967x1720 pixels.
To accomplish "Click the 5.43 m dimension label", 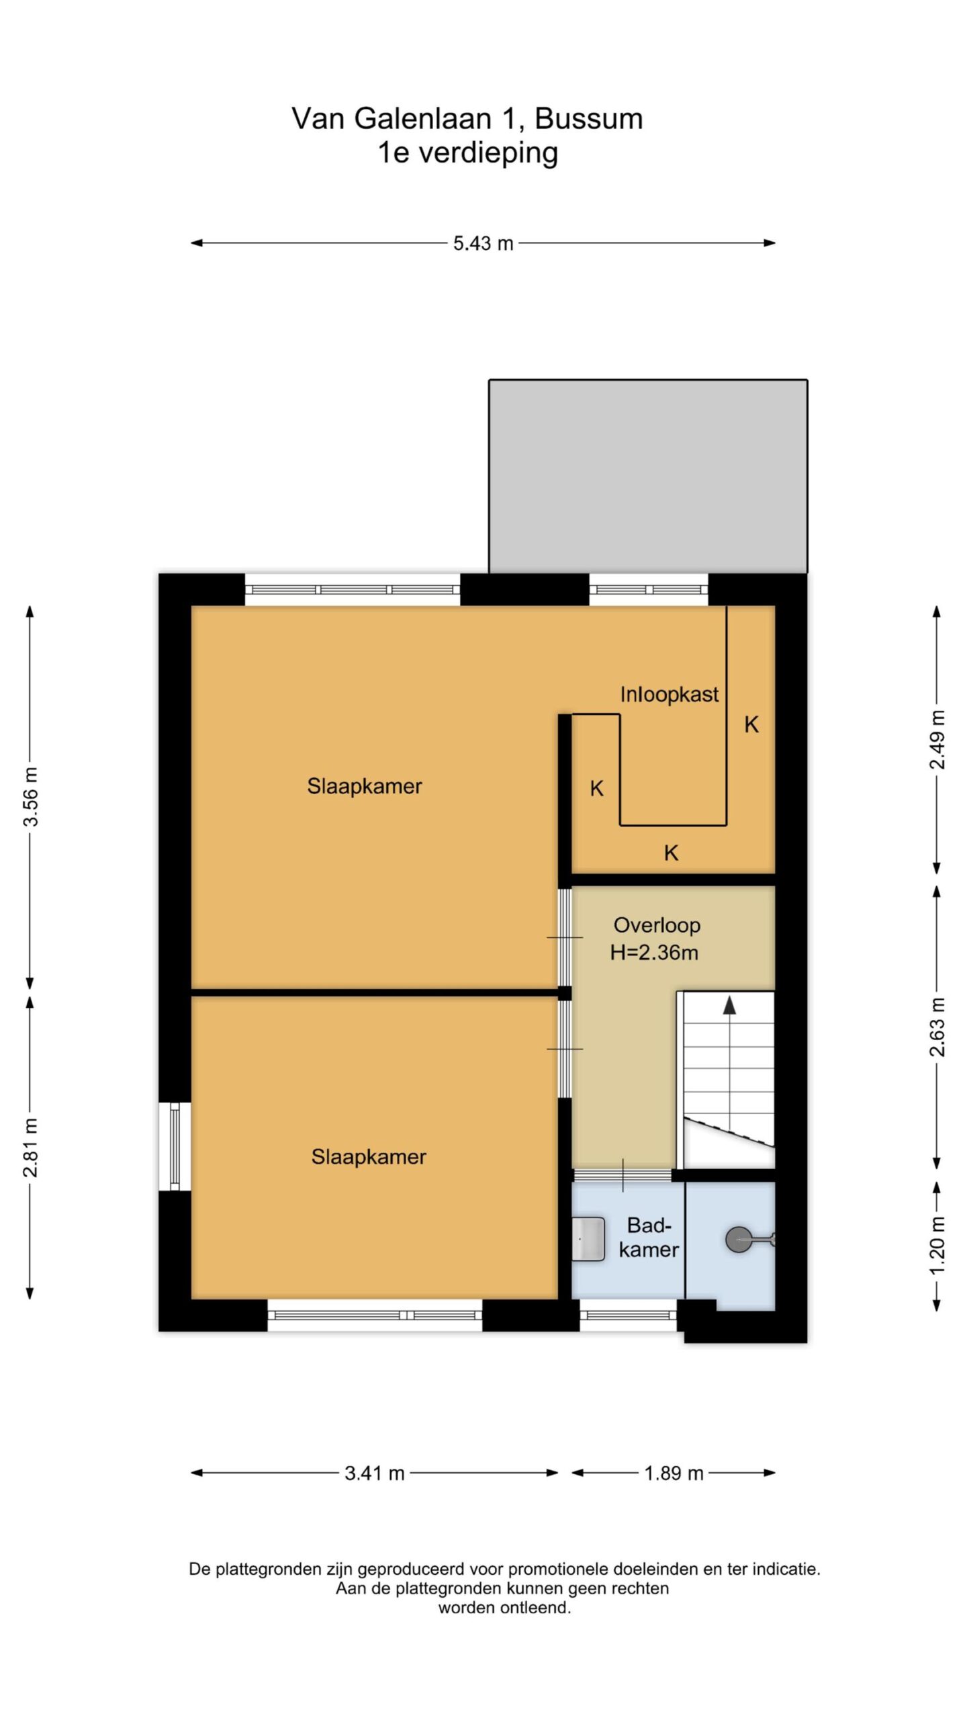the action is coord(483,243).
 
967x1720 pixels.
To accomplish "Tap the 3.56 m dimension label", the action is coord(30,795).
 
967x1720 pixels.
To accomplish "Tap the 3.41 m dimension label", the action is coord(375,1473).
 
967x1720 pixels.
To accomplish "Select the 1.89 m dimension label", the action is coord(674,1473).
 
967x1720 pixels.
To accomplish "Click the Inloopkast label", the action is coord(669,694).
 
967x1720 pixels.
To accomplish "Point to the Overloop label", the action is coord(657,925).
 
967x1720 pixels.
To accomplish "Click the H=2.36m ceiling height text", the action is coord(654,953).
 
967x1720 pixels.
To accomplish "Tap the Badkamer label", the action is coord(649,1238).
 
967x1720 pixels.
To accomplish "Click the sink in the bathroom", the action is coord(588,1238).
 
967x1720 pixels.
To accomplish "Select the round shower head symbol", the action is coord(739,1240).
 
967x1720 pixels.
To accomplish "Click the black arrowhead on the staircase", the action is coord(729,1004).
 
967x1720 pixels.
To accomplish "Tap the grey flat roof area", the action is coord(648,476).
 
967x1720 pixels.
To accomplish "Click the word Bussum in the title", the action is coord(589,119).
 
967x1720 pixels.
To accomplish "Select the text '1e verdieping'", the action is coord(467,153).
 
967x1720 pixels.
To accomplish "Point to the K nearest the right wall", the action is coord(751,724).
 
